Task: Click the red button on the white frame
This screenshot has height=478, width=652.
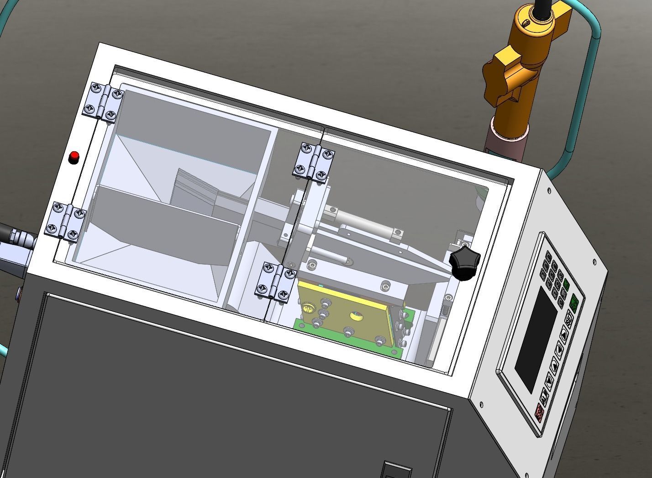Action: pos(73,158)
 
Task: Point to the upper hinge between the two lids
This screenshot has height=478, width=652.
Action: pos(314,161)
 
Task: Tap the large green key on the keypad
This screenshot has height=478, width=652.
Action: pos(575,302)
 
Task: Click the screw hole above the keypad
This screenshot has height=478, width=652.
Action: pos(594,261)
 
